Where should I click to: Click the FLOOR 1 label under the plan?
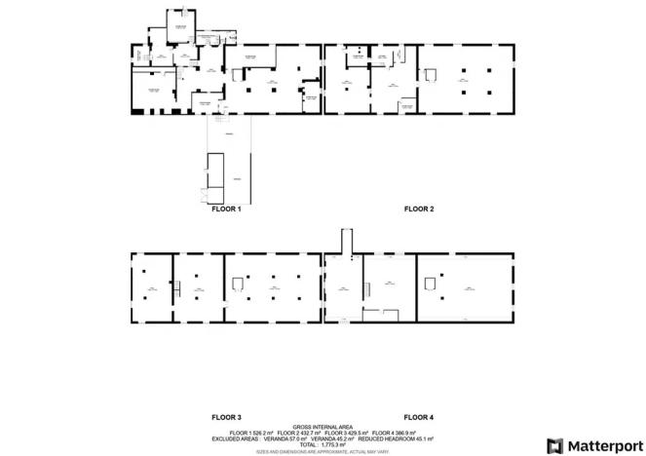tap(226, 209)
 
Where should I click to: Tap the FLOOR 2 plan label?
tap(419, 209)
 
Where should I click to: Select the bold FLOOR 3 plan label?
tap(226, 417)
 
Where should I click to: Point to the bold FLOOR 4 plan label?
tap(419, 417)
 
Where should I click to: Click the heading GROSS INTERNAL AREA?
tap(323, 426)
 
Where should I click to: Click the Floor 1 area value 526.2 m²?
tap(259, 433)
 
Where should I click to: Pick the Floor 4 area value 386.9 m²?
tap(402, 433)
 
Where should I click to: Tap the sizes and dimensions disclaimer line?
tap(323, 451)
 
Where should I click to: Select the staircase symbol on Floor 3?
tap(177, 286)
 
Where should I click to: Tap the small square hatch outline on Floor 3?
tap(238, 284)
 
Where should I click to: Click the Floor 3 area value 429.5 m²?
tap(355, 433)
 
